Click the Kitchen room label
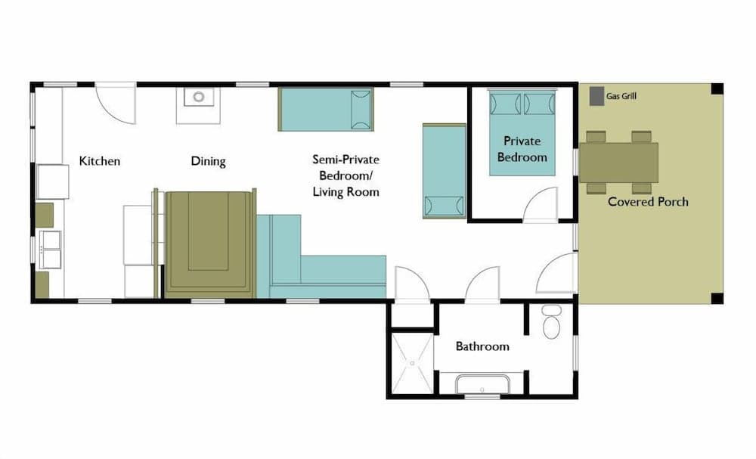click(100, 161)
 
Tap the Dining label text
click(208, 161)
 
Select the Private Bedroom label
click(522, 150)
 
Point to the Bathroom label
click(482, 346)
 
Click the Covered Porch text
click(648, 202)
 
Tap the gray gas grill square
click(596, 96)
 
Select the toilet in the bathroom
click(551, 323)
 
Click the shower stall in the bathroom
click(412, 364)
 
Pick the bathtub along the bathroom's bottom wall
click(482, 384)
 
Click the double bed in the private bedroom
click(522, 132)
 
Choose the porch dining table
click(618, 162)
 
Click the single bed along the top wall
click(326, 109)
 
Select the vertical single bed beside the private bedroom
click(444, 171)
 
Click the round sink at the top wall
click(198, 97)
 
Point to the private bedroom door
click(541, 206)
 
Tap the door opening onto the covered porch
click(556, 274)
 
